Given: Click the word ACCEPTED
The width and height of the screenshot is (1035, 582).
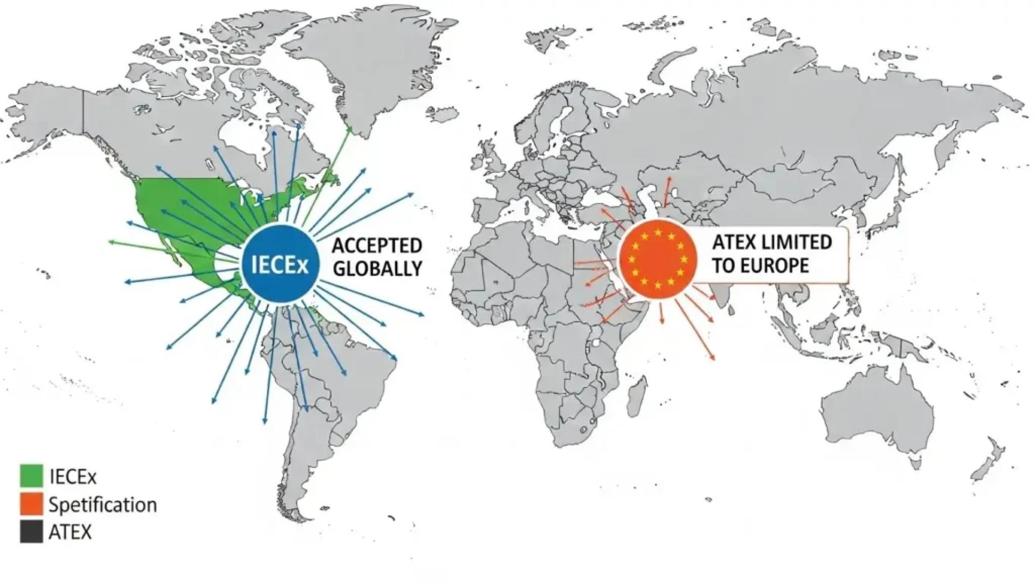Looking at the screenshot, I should coord(377,246).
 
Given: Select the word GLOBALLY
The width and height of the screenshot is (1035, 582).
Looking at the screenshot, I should coord(377,268).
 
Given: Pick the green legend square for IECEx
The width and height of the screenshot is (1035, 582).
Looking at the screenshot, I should coord(31,475).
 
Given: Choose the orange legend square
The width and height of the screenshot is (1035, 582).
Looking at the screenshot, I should coord(31,504).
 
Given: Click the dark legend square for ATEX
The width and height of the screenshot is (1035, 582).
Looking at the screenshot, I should coord(31,532).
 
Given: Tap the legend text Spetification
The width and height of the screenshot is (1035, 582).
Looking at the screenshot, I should coord(102,505).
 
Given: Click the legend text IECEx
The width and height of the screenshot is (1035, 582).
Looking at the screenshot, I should coord(73,476).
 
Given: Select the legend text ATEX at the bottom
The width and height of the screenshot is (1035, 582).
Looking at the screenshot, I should coord(70,532).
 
